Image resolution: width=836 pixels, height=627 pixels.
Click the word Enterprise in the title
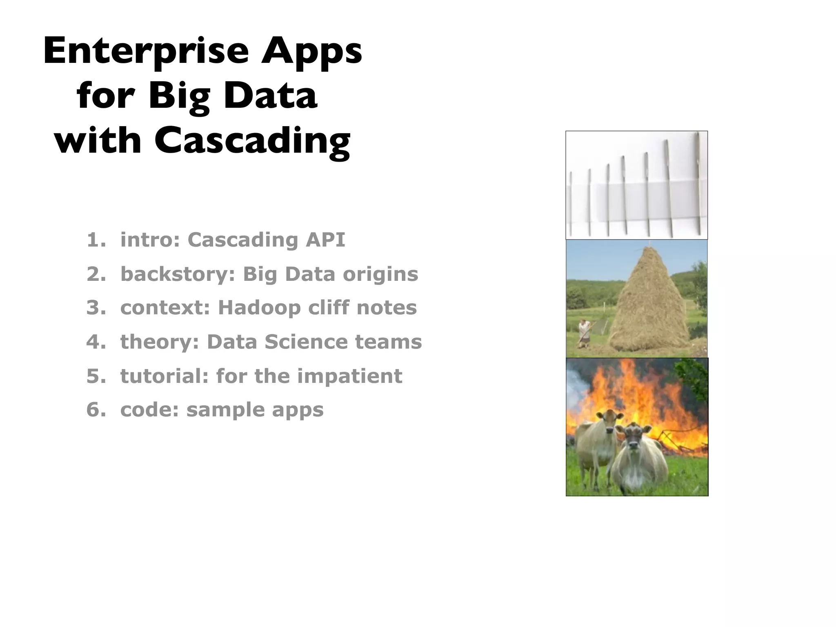146,51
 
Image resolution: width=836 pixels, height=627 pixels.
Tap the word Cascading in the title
252,141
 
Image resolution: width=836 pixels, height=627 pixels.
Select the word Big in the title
179,96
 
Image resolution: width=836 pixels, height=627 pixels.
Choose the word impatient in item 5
349,376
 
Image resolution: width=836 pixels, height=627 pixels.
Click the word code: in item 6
149,410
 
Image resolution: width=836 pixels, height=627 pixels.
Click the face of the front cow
633,441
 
